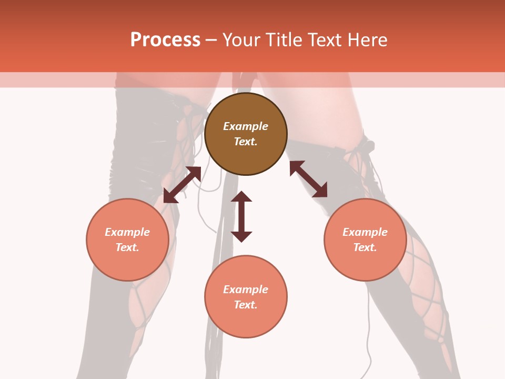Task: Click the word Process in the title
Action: (165, 40)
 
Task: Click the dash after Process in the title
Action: (211, 41)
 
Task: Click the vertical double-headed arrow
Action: (241, 217)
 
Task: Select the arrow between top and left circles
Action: (183, 184)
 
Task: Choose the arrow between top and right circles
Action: (308, 179)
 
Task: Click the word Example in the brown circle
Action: (246, 126)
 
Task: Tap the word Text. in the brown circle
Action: (246, 142)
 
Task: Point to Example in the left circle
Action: (127, 232)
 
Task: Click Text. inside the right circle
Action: (365, 247)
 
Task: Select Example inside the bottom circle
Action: (246, 290)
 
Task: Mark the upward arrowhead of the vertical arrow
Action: (241, 197)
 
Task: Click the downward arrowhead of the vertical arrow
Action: (241, 236)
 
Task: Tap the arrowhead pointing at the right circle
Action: (320, 191)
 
